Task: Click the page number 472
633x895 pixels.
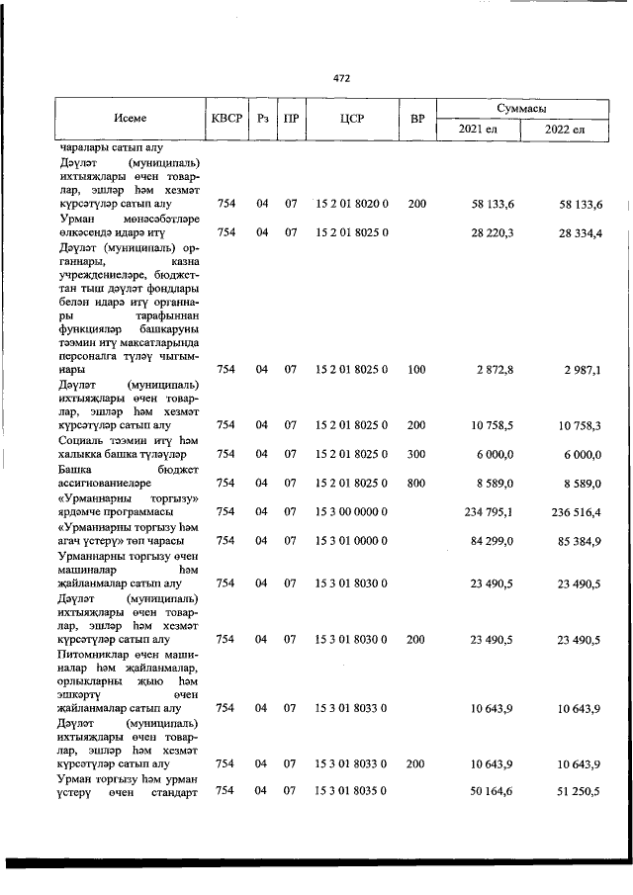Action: tap(341, 77)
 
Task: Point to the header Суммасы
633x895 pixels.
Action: tap(522, 108)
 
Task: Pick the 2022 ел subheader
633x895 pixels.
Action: tap(565, 130)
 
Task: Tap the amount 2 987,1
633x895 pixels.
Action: tap(579, 369)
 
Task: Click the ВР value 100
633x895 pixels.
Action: tap(416, 369)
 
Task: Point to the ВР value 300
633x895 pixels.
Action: tap(416, 454)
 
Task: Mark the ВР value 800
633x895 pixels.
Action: tap(416, 483)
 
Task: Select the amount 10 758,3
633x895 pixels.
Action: tap(579, 425)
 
